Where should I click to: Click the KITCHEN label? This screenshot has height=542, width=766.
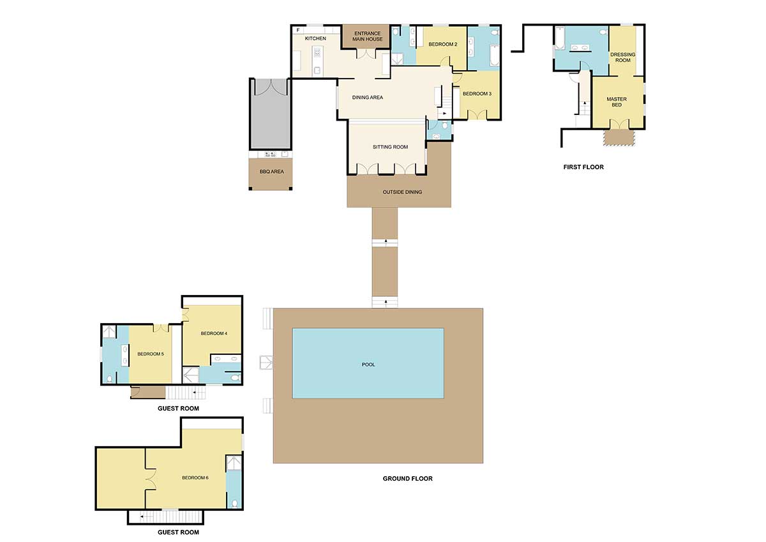315,39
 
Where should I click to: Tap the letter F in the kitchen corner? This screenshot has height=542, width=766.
297,29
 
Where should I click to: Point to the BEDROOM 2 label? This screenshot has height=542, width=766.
442,44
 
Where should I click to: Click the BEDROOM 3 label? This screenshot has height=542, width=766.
477,94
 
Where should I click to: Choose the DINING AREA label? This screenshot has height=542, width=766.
368,98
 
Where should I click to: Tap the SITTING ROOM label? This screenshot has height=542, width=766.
390,147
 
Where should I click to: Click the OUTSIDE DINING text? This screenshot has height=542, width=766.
402,192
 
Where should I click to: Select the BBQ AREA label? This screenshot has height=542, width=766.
268,172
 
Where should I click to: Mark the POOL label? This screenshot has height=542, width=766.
368,365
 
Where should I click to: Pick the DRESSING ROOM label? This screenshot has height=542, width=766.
623,57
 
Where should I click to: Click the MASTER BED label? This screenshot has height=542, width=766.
617,102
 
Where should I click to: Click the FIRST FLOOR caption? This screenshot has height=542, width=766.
583,167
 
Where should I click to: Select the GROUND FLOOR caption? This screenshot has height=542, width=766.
407,478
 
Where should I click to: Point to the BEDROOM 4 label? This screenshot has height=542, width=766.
213,333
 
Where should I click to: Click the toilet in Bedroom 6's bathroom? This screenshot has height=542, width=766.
235,503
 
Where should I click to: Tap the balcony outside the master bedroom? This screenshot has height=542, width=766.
618,137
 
